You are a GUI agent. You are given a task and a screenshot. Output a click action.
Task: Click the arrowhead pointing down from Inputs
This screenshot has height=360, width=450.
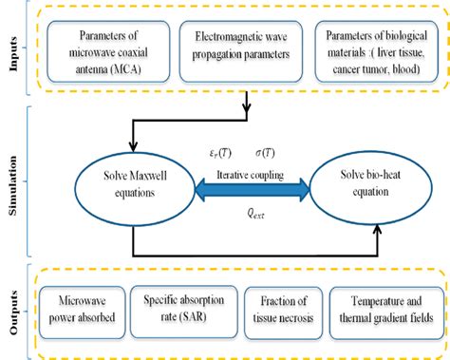247,108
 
